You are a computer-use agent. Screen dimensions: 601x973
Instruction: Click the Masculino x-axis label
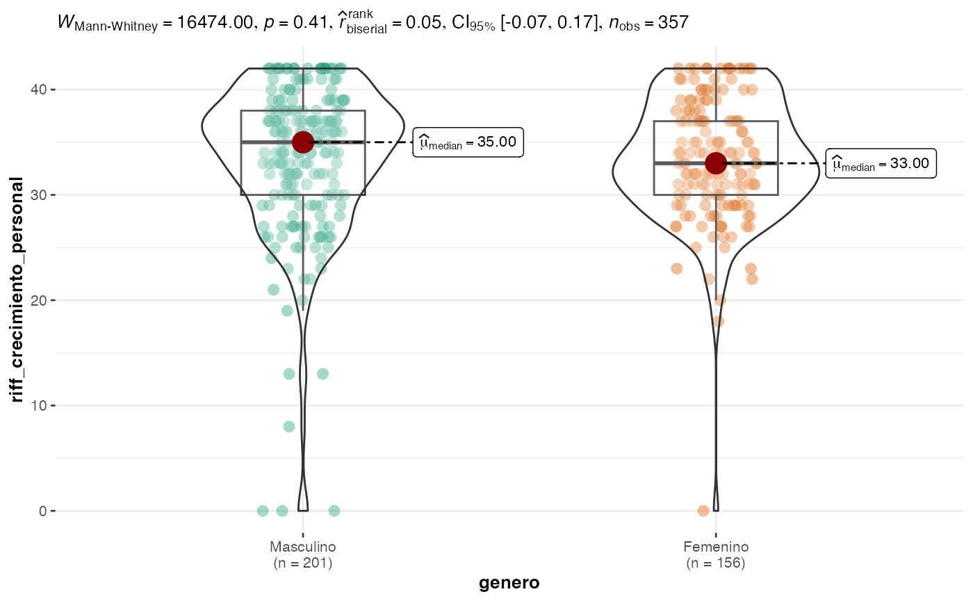coord(302,547)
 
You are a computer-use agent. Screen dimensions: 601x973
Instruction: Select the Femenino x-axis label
coord(716,547)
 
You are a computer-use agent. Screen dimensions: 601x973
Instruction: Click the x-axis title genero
coord(509,583)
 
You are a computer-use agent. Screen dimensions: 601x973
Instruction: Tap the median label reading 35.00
coord(468,142)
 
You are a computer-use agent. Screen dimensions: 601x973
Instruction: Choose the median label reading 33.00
coord(881,164)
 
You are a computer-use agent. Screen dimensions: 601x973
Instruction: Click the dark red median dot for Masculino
coord(302,142)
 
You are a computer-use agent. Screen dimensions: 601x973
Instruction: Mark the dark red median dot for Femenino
coord(716,163)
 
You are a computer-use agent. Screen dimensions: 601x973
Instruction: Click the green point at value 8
coord(289,426)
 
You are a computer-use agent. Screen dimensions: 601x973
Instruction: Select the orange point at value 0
coord(703,511)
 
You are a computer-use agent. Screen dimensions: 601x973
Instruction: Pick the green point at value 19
coord(287,311)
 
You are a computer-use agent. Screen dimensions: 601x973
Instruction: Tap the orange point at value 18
coord(718,321)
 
